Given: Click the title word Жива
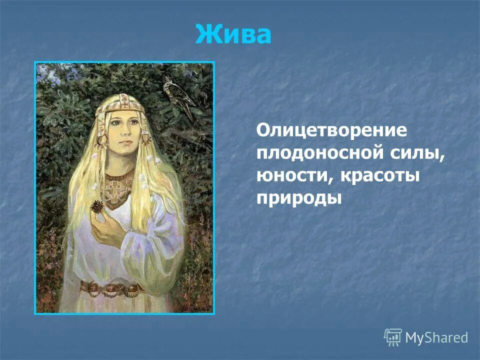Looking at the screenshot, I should pos(233,34).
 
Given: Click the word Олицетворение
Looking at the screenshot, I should pos(332,130).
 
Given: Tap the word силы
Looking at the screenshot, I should pos(421,153).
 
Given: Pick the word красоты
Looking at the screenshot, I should pos(378,175).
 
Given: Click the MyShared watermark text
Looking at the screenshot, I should pos(436,337).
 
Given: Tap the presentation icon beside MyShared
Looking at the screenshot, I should pos(393,337).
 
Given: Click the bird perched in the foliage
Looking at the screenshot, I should pos(179,97).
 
